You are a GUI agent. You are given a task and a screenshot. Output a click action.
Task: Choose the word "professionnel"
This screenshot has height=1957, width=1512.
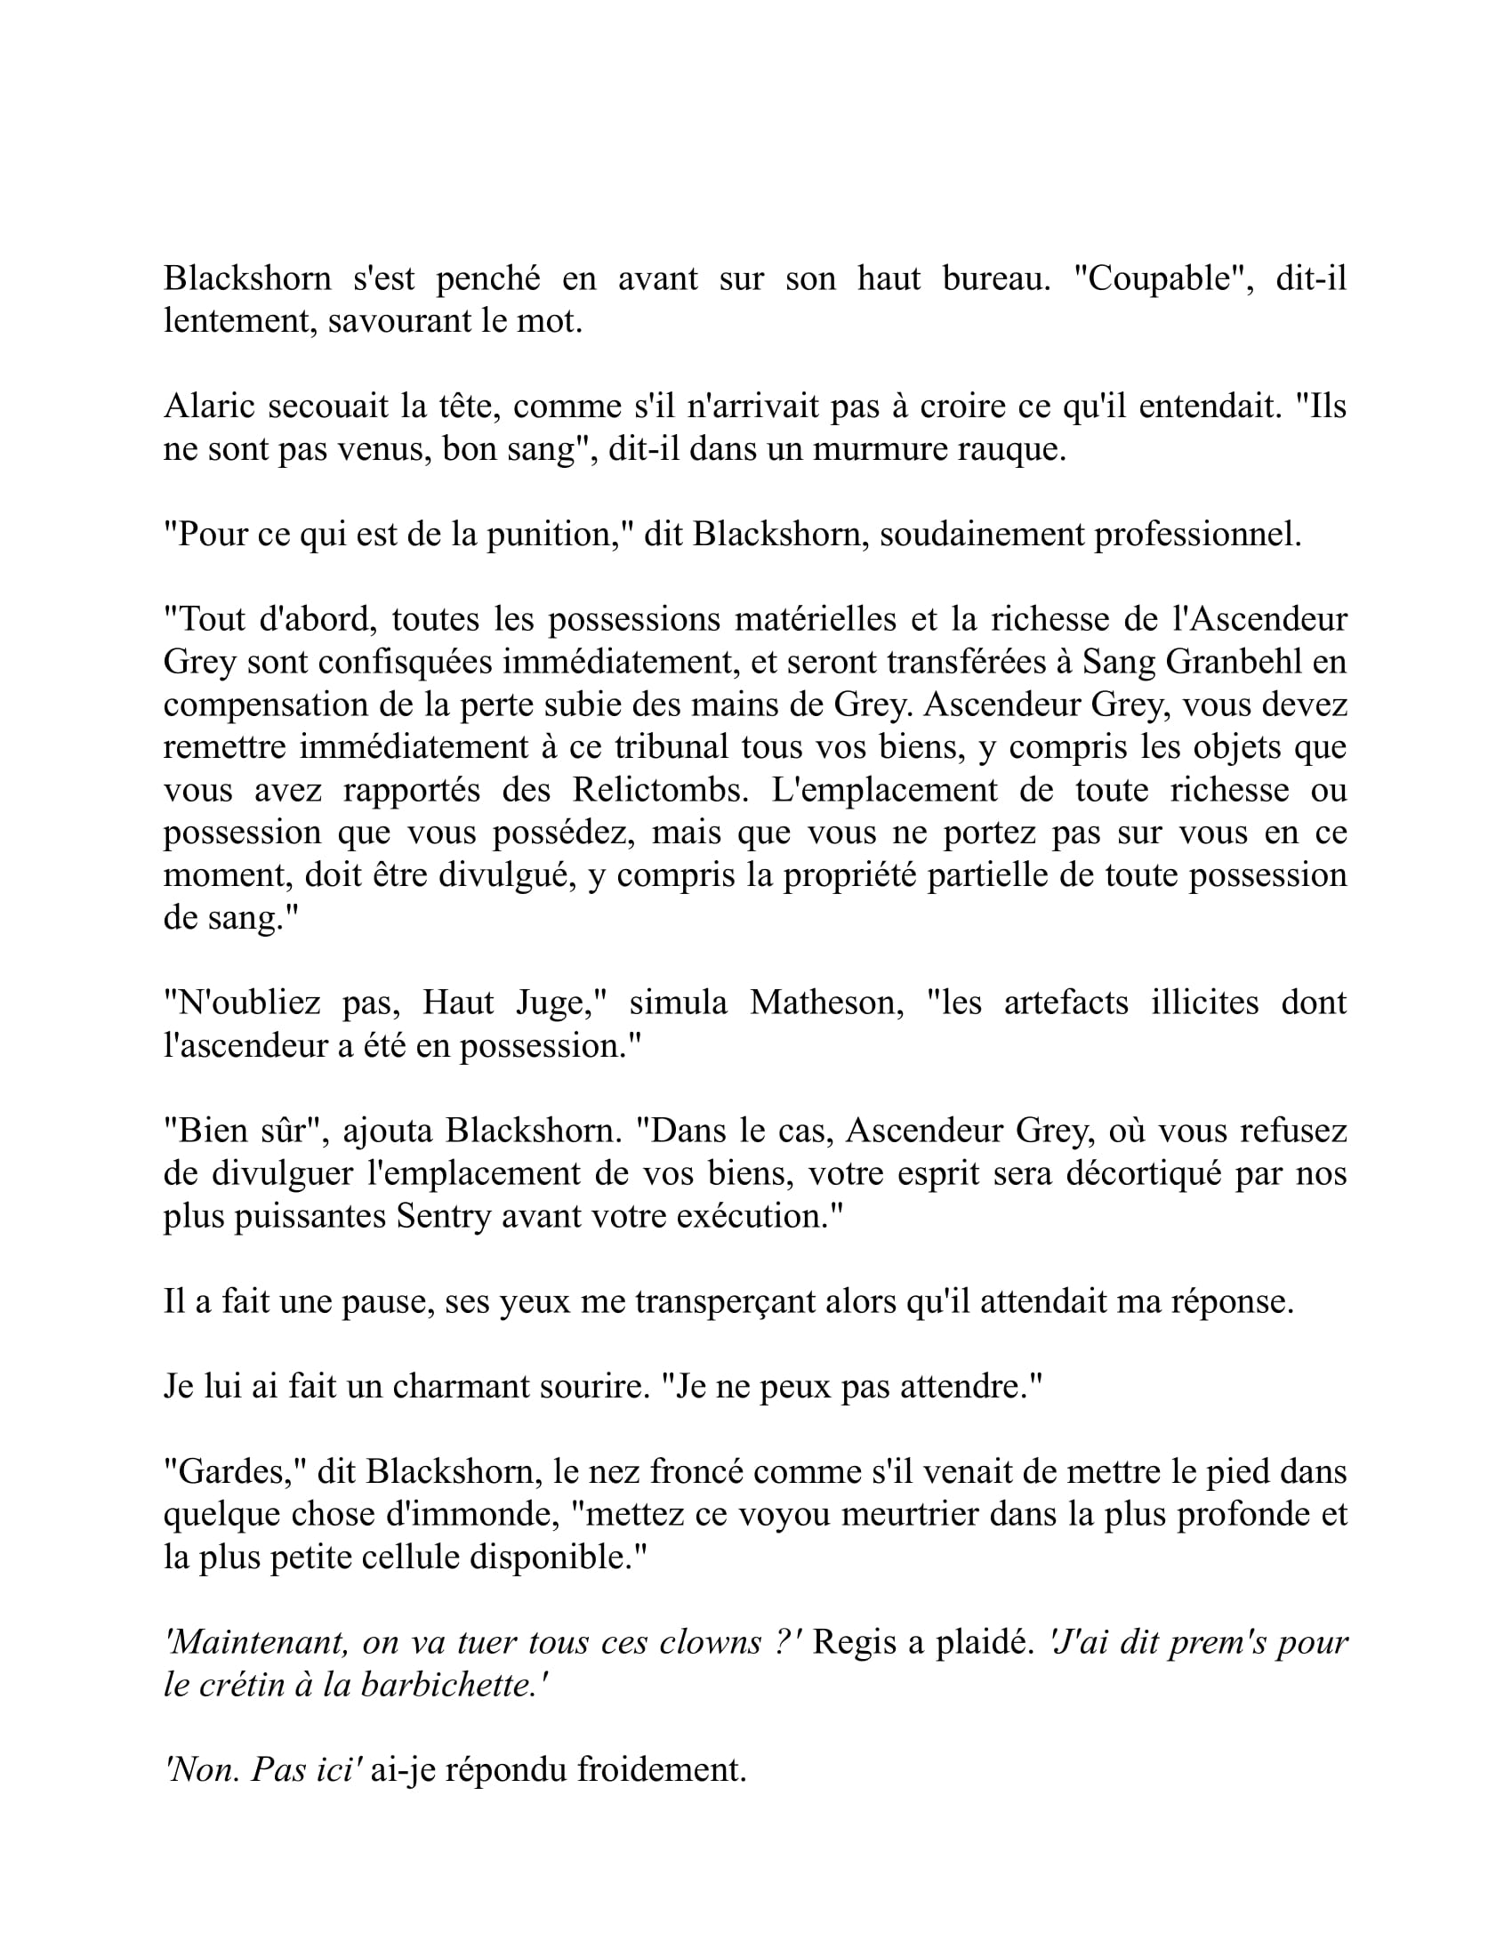(1198, 534)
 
